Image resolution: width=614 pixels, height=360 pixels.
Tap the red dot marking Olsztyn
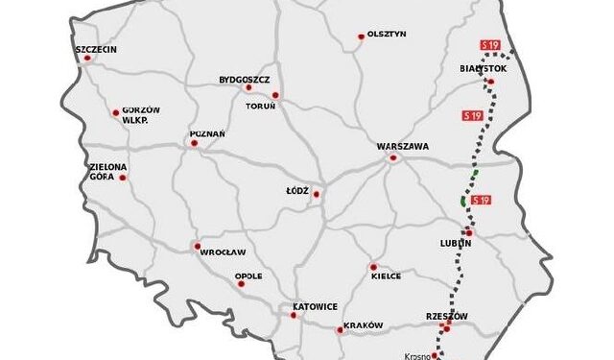362,36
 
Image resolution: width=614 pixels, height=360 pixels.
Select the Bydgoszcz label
245,79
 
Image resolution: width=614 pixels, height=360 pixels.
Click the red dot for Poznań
194,143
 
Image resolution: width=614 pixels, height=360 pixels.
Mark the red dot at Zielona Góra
123,177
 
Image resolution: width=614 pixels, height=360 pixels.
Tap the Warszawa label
403,146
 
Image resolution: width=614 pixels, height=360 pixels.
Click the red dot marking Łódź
316,193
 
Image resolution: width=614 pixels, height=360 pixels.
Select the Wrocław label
219,253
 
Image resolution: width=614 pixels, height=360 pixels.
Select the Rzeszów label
445,316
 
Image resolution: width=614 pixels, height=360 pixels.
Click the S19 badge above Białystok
490,45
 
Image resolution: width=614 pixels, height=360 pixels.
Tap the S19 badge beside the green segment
481,200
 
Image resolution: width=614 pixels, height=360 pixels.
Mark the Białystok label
484,69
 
